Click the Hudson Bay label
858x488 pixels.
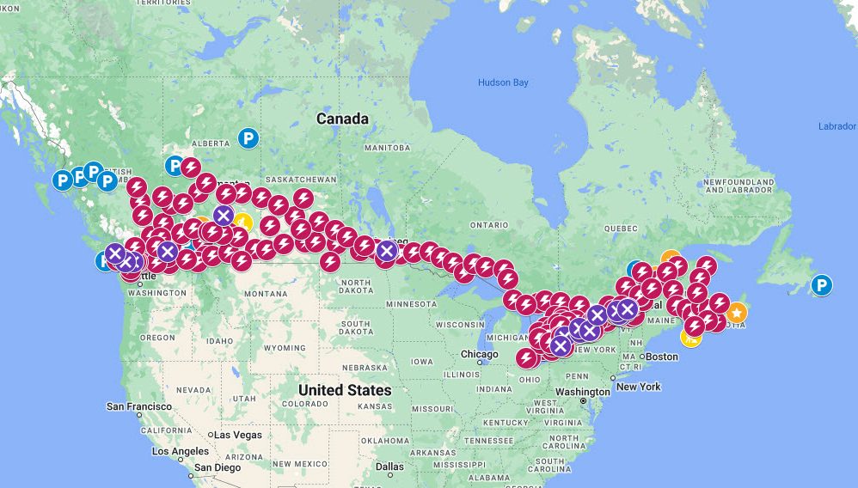point(503,82)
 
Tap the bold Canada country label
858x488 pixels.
point(341,119)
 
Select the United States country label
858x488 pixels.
point(344,390)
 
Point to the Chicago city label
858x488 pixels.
point(478,354)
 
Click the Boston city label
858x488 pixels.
point(661,357)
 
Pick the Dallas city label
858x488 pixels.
point(389,467)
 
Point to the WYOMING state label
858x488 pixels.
point(284,348)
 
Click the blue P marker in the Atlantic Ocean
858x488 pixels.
point(822,285)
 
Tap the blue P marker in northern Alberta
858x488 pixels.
point(248,137)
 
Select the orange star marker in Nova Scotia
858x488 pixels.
point(736,313)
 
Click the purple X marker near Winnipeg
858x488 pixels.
point(387,251)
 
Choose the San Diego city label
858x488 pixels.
point(216,468)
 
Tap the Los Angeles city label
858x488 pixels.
point(181,451)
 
